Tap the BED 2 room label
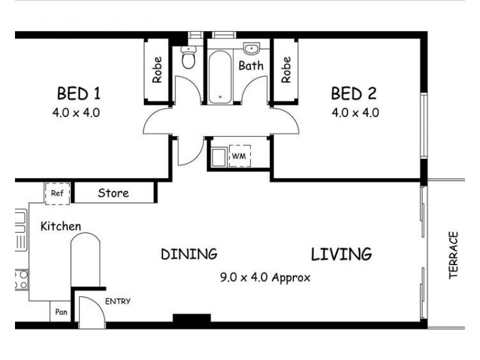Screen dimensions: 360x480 (x=354, y=94)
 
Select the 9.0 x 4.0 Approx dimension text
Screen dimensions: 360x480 (x=266, y=277)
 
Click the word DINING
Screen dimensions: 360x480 (x=188, y=254)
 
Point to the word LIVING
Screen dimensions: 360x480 (x=341, y=254)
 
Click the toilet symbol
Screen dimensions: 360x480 (x=189, y=59)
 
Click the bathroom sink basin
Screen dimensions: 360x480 (x=251, y=49)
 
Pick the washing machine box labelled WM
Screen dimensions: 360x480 (x=240, y=155)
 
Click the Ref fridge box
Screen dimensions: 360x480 (x=57, y=193)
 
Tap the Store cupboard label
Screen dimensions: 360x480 (x=113, y=193)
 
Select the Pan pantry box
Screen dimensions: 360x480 (x=61, y=312)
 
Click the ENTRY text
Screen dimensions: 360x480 (x=118, y=301)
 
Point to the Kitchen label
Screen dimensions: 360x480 (x=61, y=226)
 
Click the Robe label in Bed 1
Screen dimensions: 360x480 (x=157, y=70)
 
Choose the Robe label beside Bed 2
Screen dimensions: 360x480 (x=286, y=70)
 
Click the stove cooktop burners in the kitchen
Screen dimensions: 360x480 (x=21, y=278)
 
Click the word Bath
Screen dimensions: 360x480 (x=251, y=65)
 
